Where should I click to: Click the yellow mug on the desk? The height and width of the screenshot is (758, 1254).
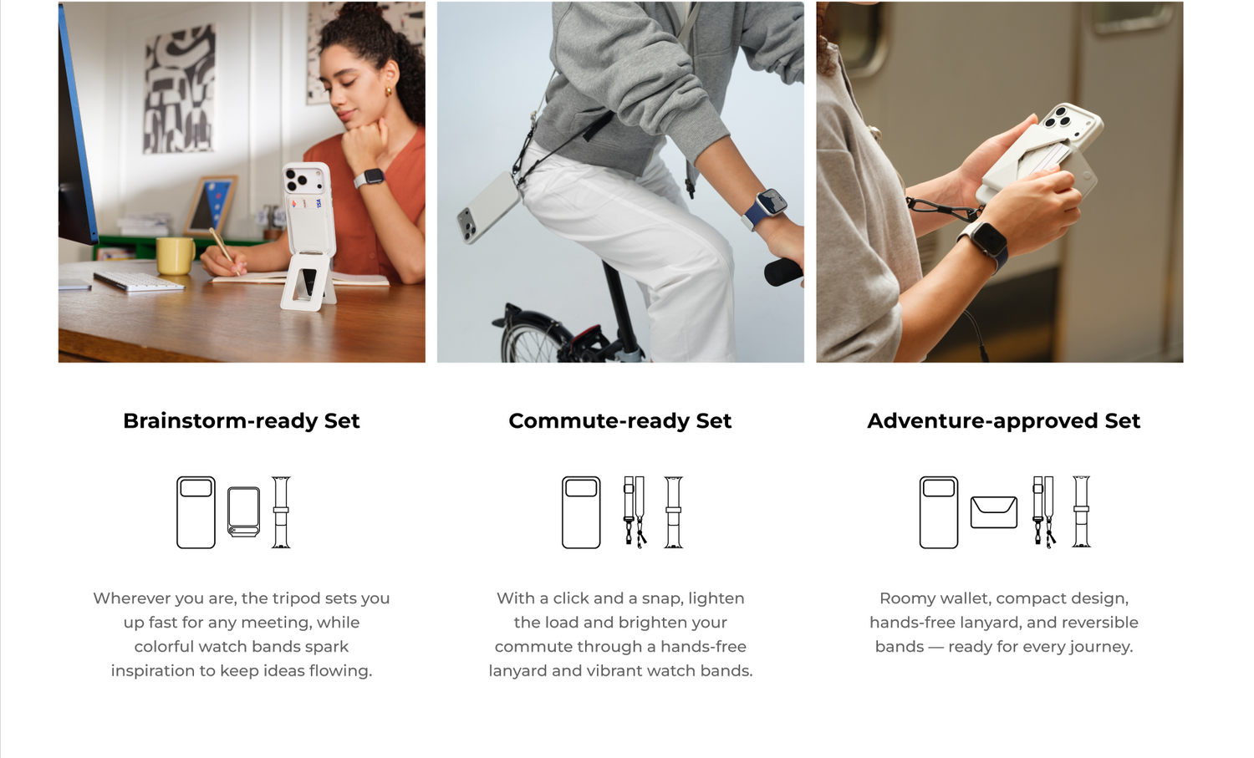(x=176, y=255)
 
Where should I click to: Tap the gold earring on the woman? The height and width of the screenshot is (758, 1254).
(x=388, y=91)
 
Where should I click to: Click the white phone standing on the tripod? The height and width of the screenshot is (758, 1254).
(x=308, y=206)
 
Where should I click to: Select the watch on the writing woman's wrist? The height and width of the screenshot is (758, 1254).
(x=370, y=179)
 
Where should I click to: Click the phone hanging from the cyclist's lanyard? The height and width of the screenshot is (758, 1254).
(x=489, y=208)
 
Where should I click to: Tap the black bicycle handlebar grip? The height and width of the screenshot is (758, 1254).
(x=783, y=272)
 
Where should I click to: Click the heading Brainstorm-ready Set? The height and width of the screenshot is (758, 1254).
(x=242, y=421)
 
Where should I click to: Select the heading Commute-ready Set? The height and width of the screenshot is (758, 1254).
(x=619, y=421)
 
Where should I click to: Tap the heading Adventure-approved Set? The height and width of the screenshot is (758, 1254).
(x=1003, y=421)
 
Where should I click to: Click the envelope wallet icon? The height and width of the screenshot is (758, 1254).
(x=994, y=512)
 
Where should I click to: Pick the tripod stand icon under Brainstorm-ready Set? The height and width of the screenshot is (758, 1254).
(x=243, y=512)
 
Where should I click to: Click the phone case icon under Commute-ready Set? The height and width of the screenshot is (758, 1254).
(x=581, y=512)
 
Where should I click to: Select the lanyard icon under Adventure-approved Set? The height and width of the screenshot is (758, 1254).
(x=1044, y=512)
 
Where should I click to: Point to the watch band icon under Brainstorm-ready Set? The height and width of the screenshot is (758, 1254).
(x=281, y=512)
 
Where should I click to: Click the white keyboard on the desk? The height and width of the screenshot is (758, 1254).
(x=139, y=281)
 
